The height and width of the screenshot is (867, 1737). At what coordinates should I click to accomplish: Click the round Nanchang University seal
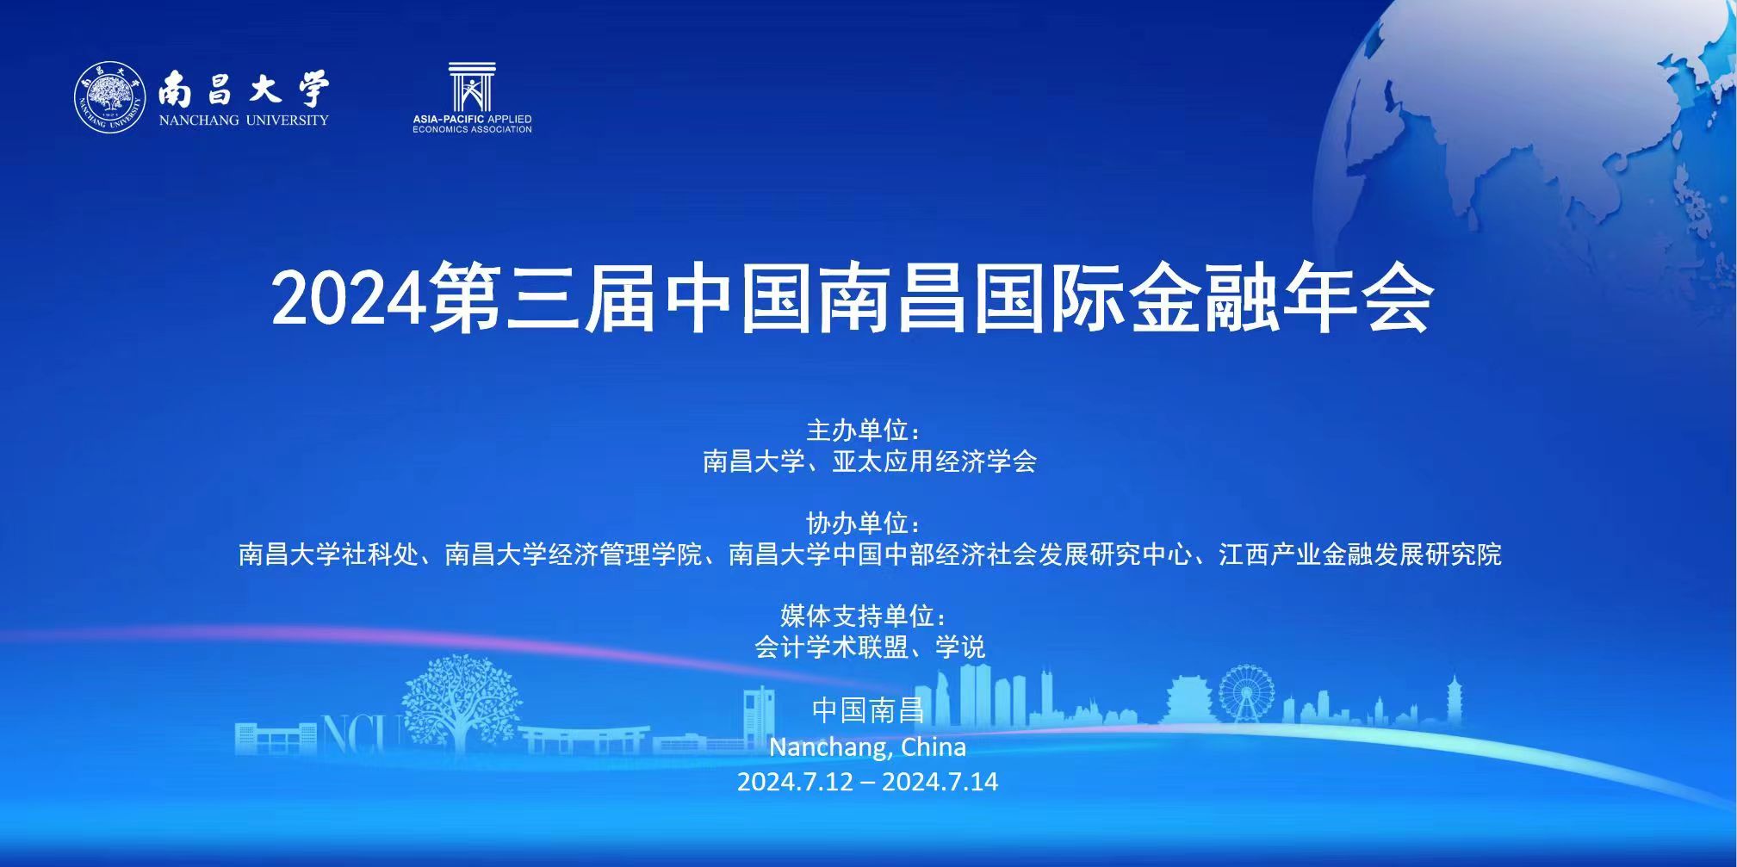click(x=110, y=97)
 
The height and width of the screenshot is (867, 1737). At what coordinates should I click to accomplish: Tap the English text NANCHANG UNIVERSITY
click(x=244, y=121)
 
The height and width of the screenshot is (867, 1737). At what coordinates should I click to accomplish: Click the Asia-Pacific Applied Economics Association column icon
click(x=471, y=87)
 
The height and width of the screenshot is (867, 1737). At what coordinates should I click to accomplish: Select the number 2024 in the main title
click(x=350, y=298)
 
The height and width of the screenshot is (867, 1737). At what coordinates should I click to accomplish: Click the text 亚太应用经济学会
click(x=934, y=461)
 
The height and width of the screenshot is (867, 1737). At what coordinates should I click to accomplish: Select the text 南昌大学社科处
click(x=328, y=554)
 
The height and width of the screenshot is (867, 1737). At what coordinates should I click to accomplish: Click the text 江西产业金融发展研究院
click(x=1360, y=554)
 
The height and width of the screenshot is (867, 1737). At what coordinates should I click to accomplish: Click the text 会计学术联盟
click(x=831, y=647)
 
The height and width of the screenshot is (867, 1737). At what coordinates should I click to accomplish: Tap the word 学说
click(x=960, y=647)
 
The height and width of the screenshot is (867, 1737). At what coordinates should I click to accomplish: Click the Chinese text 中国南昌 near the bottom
click(x=868, y=710)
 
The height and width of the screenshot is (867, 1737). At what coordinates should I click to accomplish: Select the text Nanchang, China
click(x=867, y=746)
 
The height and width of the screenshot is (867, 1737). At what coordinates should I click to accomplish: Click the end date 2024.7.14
click(x=940, y=782)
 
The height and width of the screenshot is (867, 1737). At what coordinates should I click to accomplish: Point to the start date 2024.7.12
click(x=795, y=782)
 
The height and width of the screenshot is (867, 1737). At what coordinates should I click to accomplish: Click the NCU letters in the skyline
click(x=362, y=734)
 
